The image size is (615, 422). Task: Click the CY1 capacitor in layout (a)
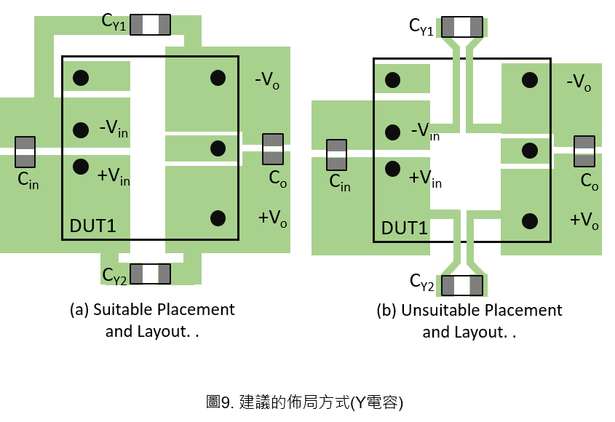pos(150,25)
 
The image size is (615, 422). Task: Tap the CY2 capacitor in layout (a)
pos(150,274)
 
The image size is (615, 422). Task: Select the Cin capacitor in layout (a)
pos(25,152)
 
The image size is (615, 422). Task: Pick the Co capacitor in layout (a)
pos(273,149)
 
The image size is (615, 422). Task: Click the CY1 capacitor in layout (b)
pos(462,27)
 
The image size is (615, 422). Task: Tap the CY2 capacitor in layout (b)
pos(462,285)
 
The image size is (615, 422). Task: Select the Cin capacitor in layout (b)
pos(336,155)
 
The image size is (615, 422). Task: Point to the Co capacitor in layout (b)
pos(584,151)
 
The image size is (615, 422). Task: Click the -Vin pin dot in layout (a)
pos(81,130)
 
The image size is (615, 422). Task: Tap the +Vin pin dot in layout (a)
pos(81,167)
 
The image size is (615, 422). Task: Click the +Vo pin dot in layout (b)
pos(530,221)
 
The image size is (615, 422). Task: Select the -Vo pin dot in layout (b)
pos(530,81)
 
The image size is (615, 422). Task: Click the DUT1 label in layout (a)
pos(93,226)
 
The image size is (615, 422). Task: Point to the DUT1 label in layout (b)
pos(405,228)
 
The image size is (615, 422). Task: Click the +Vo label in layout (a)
pos(273,218)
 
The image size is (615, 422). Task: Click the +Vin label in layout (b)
pos(426,178)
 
